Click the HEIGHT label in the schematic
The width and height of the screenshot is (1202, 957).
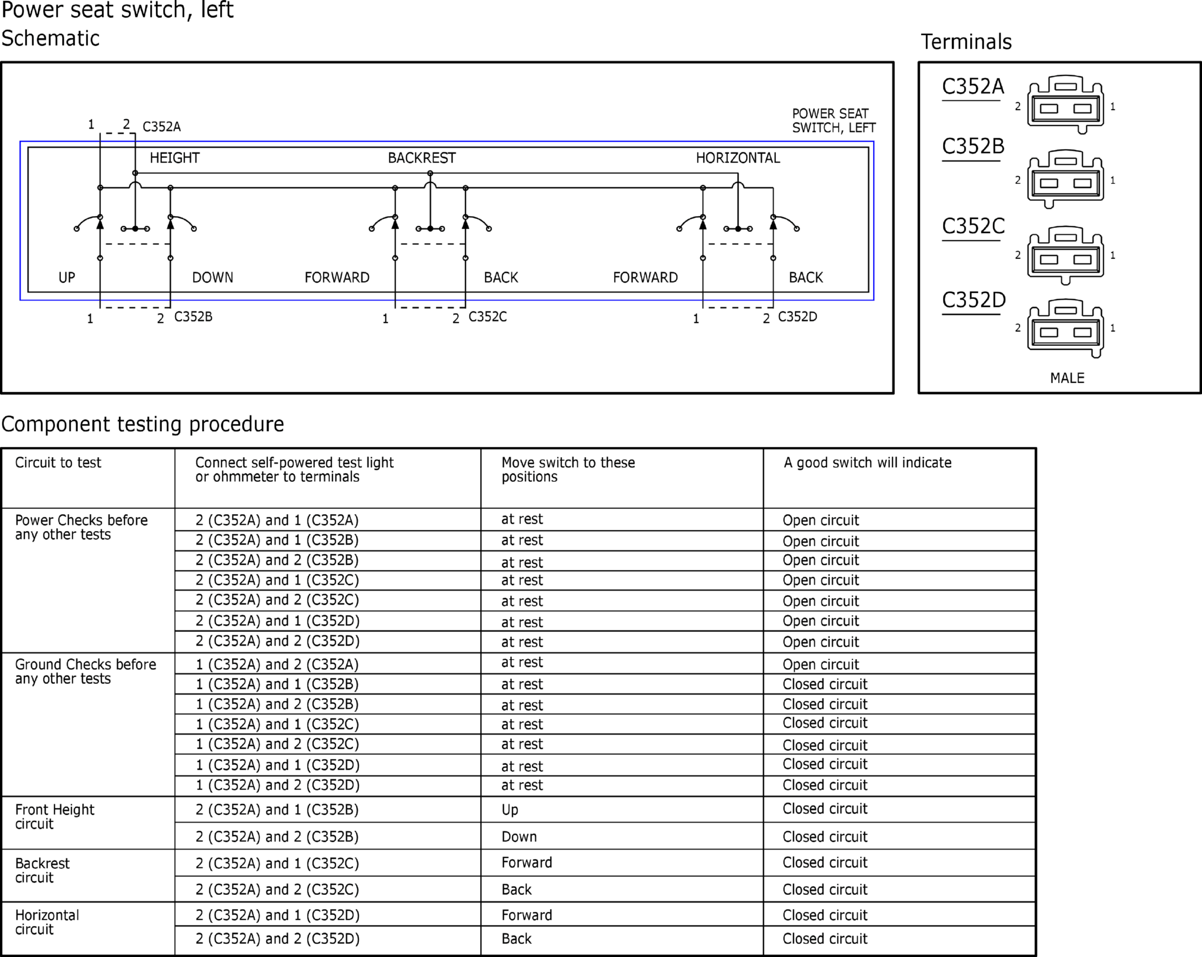[x=174, y=158]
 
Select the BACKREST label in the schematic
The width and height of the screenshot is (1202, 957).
[x=422, y=158]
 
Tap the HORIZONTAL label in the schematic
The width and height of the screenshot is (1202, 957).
[x=738, y=158]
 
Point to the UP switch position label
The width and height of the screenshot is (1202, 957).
[x=67, y=278]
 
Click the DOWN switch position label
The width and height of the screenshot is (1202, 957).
[x=212, y=278]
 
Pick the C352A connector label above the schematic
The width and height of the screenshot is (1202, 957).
[x=161, y=127]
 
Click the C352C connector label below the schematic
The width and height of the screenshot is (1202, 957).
[x=488, y=317]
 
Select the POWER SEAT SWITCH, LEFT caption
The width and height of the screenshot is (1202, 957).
[x=833, y=121]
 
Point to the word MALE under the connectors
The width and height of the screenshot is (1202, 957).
[x=1067, y=378]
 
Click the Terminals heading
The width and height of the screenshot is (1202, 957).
[x=966, y=42]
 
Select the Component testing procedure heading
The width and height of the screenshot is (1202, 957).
[x=143, y=424]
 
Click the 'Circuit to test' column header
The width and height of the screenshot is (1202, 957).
[x=58, y=463]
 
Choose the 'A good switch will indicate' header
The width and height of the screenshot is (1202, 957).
[x=867, y=463]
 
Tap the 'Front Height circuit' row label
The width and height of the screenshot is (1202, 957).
[x=55, y=816]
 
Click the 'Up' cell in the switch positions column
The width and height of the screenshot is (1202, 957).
[x=510, y=810]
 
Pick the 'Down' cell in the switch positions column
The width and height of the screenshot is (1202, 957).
[x=519, y=837]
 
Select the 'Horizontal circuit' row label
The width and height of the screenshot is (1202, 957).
[x=47, y=922]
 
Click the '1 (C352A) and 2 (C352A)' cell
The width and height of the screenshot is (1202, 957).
[x=277, y=664]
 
